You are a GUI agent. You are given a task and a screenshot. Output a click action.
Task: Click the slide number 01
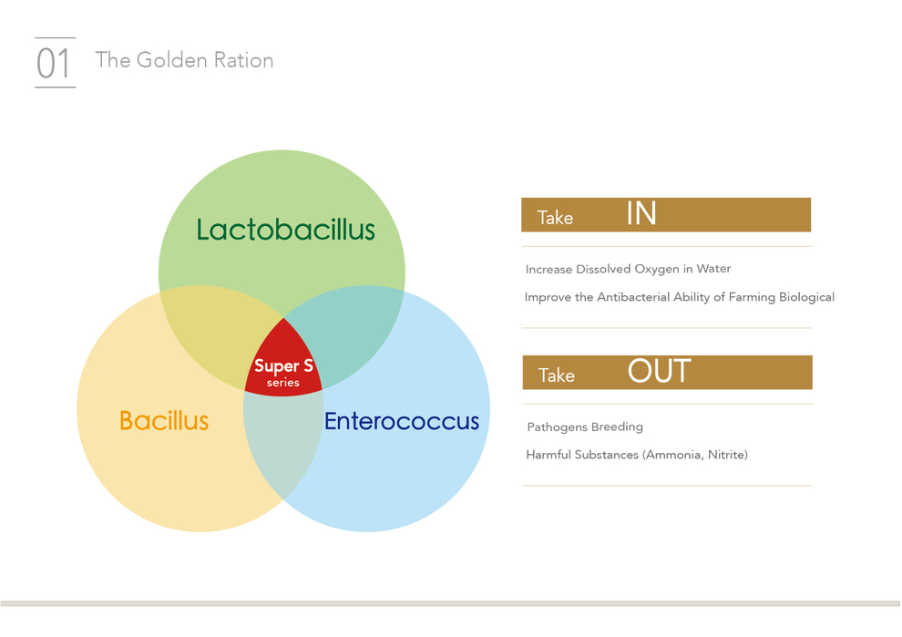54,63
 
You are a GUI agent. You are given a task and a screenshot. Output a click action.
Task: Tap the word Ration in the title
243,60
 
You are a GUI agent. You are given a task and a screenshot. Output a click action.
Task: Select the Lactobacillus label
285,229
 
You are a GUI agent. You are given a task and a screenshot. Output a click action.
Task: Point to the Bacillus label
164,421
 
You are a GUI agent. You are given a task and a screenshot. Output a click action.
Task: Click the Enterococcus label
402,421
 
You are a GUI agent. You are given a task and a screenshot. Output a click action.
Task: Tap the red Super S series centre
283,364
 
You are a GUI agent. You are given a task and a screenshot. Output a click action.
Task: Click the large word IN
641,213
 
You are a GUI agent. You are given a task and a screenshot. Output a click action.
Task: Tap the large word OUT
660,371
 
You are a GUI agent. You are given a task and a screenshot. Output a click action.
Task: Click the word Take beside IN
555,218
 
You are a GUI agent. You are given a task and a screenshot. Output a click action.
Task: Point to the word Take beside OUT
557,375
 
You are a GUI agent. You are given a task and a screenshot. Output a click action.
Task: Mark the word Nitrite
728,455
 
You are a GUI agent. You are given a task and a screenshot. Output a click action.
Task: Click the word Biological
806,297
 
